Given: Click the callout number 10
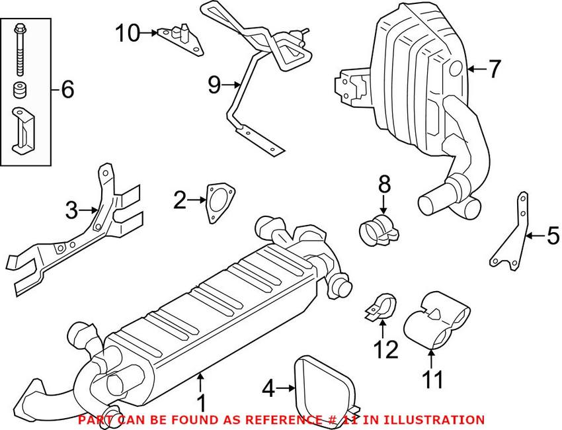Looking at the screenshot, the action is [x=127, y=33].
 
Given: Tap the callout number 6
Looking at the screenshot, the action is [x=67, y=89].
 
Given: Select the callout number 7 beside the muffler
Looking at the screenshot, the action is [x=495, y=69].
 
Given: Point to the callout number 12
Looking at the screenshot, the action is [x=386, y=349].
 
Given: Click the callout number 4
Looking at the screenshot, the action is [x=269, y=389].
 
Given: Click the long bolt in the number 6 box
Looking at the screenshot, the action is [x=19, y=50].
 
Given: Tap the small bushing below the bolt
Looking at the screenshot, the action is [x=20, y=90].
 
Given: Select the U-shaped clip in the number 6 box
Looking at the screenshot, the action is [x=23, y=131].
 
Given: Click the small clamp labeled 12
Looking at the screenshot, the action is [x=381, y=308].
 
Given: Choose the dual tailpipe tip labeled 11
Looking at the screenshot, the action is [x=434, y=321].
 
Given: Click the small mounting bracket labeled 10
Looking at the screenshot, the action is [x=181, y=39].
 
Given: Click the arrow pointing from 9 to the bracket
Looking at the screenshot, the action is [x=231, y=85].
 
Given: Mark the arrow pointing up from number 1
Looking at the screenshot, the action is [x=201, y=382].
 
